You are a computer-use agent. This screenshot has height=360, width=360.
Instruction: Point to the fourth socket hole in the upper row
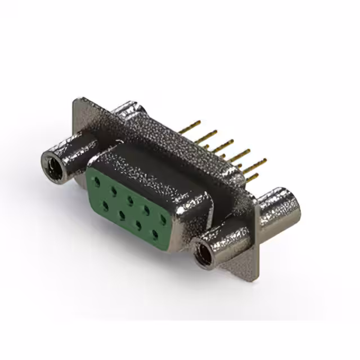click(147, 210)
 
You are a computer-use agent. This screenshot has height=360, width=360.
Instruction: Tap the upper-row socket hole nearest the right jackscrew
click(163, 218)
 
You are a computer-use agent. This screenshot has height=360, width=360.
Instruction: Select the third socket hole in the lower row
click(138, 223)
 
